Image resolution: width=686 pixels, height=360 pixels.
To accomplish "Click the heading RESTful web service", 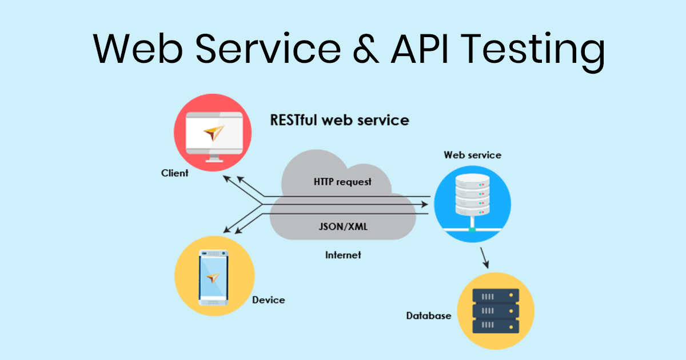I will tap(339, 121).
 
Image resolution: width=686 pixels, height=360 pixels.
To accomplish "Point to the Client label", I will tap(174, 173).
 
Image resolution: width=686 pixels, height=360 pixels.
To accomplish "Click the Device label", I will tap(268, 299).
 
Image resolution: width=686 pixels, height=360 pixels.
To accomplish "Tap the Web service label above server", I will tap(472, 155).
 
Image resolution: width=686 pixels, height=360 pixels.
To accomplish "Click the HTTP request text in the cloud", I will tap(342, 182).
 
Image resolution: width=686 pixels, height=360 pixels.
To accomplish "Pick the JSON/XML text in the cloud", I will tap(343, 226).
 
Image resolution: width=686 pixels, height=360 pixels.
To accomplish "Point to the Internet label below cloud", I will tap(343, 255).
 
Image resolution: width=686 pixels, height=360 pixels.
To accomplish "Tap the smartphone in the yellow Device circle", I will tap(213, 277).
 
